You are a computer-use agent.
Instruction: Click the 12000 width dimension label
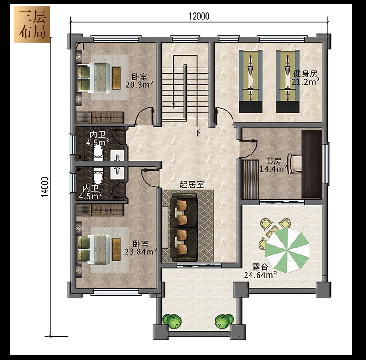pyautogui.click(x=199, y=16)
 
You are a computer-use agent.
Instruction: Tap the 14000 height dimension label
pyautogui.click(x=45, y=186)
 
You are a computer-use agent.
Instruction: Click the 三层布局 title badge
pyautogui.click(x=32, y=25)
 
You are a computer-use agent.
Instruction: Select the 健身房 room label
pyautogui.click(x=305, y=74)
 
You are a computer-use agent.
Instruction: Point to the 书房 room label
pyautogui.click(x=273, y=161)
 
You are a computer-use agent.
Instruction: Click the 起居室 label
pyautogui.click(x=191, y=185)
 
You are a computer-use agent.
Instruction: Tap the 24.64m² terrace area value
pyautogui.click(x=260, y=275)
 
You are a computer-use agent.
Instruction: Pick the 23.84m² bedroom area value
pyautogui.click(x=140, y=252)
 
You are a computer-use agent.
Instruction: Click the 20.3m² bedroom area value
pyautogui.click(x=139, y=85)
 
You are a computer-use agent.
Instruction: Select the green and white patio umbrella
pyautogui.click(x=287, y=250)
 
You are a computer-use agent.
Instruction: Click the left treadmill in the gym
pyautogui.click(x=251, y=81)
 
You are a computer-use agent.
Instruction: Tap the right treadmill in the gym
pyautogui.click(x=288, y=81)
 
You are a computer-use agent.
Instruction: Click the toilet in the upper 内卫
pyautogui.click(x=98, y=153)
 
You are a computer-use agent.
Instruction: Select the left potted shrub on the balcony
pyautogui.click(x=172, y=322)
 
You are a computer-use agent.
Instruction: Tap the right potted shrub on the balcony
pyautogui.click(x=224, y=322)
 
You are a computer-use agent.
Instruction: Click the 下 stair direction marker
pyautogui.click(x=198, y=133)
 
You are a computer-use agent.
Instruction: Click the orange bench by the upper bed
pyautogui.click(x=116, y=78)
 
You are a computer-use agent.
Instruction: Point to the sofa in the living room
pyautogui.click(x=184, y=227)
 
